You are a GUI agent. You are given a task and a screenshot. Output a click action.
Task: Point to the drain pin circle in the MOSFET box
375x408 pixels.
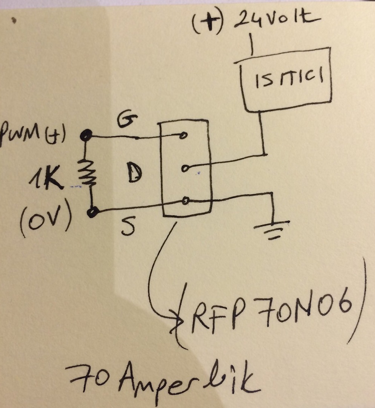(x=184, y=168)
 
